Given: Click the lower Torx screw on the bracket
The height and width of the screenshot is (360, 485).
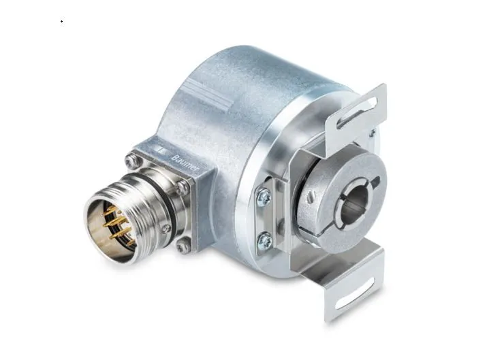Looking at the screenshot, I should [264, 240].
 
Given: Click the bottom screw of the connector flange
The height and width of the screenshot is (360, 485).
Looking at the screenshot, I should [183, 246].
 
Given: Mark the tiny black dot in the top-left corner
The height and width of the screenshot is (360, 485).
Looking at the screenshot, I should [61, 21].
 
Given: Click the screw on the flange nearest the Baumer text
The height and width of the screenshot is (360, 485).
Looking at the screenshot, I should [183, 186].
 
